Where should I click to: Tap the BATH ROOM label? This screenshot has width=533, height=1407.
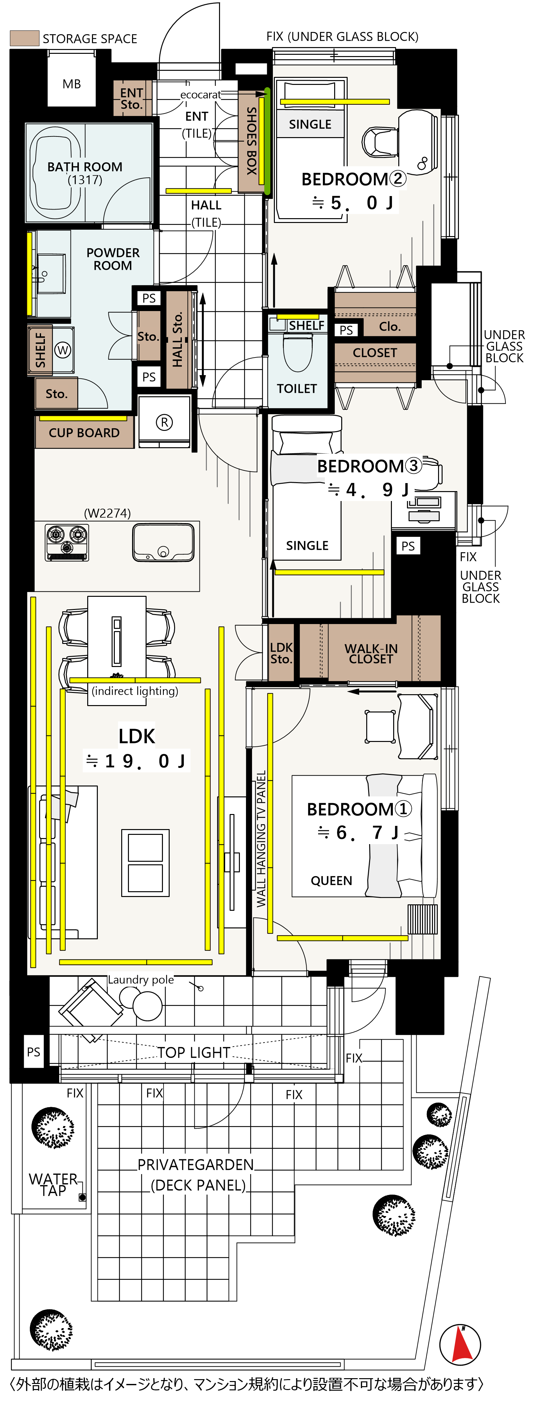pyautogui.click(x=85, y=167)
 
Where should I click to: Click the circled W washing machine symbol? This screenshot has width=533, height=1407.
pyautogui.click(x=63, y=350)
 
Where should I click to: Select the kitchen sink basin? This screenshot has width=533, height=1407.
pyautogui.click(x=163, y=542)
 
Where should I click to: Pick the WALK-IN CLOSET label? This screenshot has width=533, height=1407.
pyautogui.click(x=371, y=654)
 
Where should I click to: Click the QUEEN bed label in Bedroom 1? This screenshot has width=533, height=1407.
pyautogui.click(x=331, y=880)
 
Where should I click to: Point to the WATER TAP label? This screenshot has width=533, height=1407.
pyautogui.click(x=53, y=1184)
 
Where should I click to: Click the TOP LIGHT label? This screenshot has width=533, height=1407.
pyautogui.click(x=193, y=1052)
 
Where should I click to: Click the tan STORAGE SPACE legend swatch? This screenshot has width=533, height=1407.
pyautogui.click(x=25, y=38)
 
